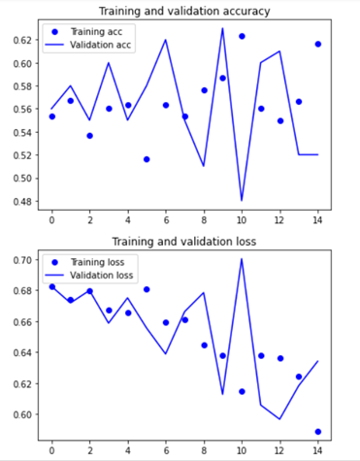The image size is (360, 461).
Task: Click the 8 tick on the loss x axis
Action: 204,448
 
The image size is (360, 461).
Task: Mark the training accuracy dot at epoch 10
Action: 242,36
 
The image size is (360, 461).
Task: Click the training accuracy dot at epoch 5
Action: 147,159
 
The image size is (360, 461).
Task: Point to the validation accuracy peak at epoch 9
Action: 222,29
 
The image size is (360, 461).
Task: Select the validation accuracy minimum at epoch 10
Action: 242,200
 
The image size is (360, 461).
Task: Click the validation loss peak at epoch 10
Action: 242,259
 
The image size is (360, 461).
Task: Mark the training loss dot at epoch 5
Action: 147,289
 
